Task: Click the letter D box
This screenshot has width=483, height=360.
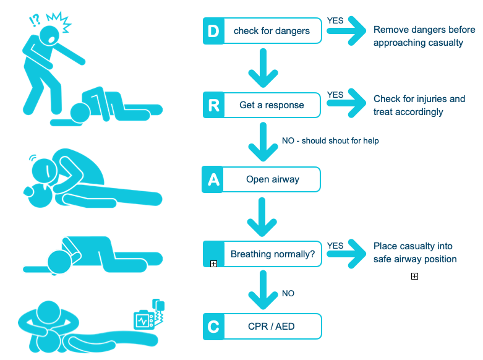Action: click(x=213, y=31)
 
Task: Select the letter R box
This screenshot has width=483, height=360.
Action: click(x=213, y=105)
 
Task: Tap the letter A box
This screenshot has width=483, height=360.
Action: click(x=213, y=179)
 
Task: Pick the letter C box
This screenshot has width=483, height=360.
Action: click(x=213, y=326)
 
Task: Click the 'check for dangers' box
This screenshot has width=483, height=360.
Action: click(x=272, y=31)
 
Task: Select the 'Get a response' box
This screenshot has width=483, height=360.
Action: click(x=272, y=105)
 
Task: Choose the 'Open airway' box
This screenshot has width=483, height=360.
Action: click(x=272, y=179)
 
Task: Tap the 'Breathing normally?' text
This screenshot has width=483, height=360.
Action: click(x=273, y=254)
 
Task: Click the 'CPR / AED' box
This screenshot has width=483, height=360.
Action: click(x=272, y=326)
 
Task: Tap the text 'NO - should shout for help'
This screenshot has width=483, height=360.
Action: click(x=330, y=141)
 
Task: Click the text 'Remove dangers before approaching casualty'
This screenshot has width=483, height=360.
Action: click(x=424, y=36)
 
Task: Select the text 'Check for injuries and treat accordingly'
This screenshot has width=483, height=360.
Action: click(x=419, y=105)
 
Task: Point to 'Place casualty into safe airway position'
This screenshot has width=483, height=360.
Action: click(x=415, y=252)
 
